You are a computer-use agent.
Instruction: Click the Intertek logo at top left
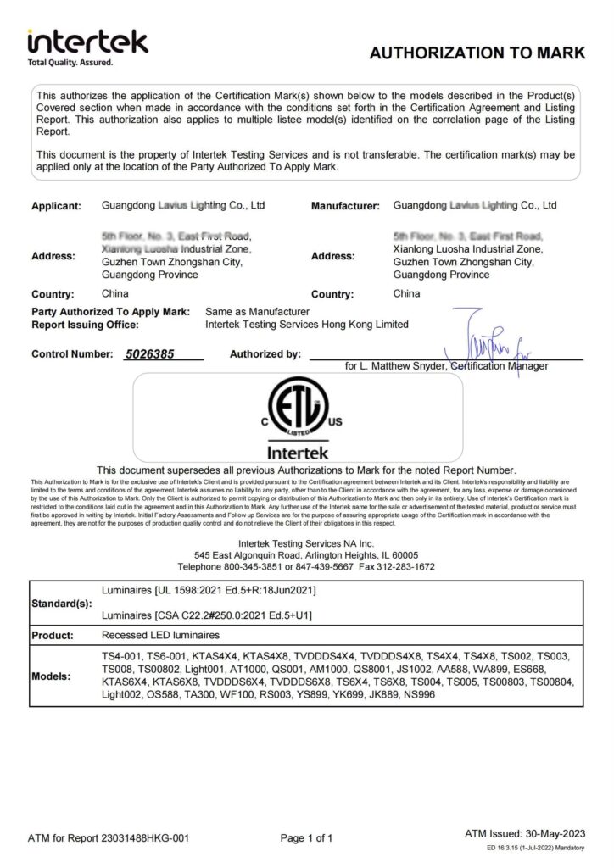[87, 46]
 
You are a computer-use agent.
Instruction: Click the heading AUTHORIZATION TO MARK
[477, 53]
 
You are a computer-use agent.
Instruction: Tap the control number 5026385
[148, 354]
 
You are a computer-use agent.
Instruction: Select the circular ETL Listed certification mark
[298, 409]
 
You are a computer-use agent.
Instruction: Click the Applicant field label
[57, 206]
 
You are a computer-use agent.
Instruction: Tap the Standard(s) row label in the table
[61, 604]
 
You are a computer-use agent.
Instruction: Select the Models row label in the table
[53, 676]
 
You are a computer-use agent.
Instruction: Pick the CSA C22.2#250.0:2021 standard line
[206, 615]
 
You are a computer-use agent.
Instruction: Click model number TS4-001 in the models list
[121, 658]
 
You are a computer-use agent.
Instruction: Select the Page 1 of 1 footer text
[306, 838]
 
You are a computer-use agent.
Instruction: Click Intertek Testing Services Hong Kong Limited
[307, 325]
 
